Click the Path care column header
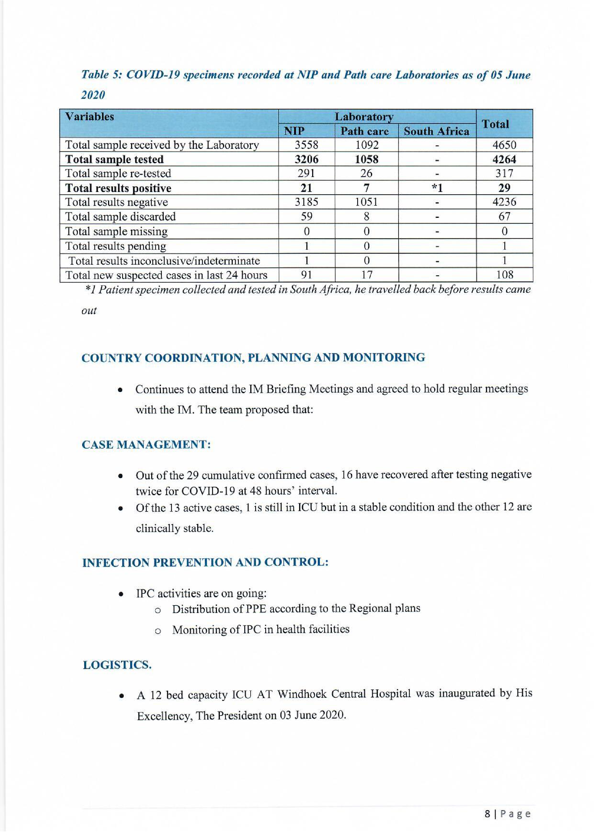(x=364, y=131)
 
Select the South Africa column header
(x=436, y=131)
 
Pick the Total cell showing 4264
(x=504, y=159)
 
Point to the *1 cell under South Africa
(x=437, y=188)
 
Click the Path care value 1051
(x=366, y=202)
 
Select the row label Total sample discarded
(x=120, y=217)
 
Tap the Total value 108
(x=504, y=275)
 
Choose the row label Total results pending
(x=116, y=246)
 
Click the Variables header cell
(x=90, y=117)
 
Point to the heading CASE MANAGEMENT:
(x=146, y=445)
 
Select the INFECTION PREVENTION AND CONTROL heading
(x=205, y=562)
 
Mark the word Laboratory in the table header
(x=364, y=117)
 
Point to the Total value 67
(x=504, y=217)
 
